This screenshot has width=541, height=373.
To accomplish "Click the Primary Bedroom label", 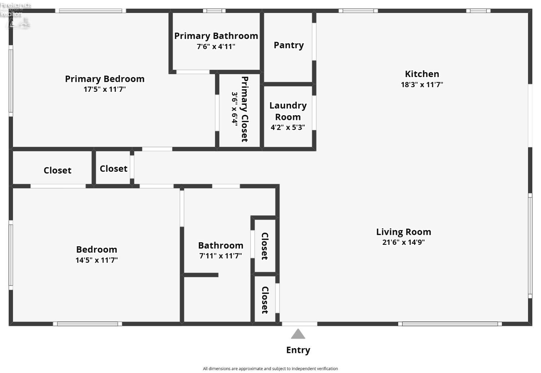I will coord(105,79).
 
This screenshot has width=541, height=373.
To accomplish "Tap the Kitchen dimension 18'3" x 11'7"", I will coord(422,85).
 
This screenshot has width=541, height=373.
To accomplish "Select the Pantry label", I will coord(289,45).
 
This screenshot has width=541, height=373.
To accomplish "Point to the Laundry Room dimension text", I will coord(288,127).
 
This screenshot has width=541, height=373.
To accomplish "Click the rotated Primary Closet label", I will coord(245,109).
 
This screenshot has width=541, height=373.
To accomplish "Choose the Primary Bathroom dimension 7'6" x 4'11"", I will coord(216,46).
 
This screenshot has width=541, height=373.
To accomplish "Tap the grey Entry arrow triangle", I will coord(298,334).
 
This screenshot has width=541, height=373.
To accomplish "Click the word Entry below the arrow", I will coord(298,350).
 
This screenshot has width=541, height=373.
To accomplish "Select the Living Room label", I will coord(404,232).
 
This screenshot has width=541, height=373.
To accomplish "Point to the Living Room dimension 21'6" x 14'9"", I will coord(404,242).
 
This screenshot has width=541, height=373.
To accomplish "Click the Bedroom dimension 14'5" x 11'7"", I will coord(97,260).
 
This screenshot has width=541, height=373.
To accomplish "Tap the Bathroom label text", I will coord(220,246).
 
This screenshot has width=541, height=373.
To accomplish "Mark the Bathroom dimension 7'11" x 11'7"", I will coord(220,256).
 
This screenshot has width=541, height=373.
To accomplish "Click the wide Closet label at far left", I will coord(57,170).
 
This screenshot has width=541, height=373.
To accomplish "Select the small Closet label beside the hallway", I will coord(113,169).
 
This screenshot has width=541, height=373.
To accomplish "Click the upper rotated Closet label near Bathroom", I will coord(265,246).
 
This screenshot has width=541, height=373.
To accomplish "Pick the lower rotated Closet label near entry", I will coord(265,300).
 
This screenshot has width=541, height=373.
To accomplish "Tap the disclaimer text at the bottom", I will coord(270,368).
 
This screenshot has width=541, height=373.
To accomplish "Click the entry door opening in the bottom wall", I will coord(299,324).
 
